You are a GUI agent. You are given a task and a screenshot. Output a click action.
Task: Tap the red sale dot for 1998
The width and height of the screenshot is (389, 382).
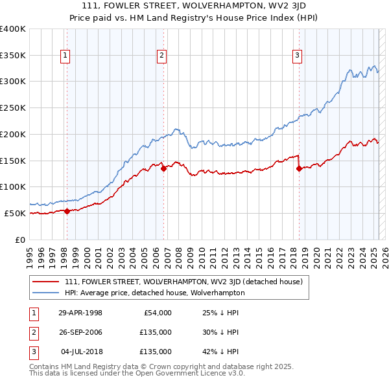[x=67, y=210]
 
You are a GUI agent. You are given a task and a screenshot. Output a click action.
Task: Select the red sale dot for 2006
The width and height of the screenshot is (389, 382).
[x=163, y=168]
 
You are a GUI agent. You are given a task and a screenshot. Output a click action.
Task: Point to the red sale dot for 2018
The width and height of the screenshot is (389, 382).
[x=299, y=168]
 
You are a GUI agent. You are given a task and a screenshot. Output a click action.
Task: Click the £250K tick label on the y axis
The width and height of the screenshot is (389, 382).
[x=12, y=107]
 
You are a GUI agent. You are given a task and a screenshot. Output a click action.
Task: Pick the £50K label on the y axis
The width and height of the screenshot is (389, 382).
[x=15, y=213]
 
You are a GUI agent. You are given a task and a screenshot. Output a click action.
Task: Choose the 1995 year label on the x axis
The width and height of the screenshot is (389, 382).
[x=30, y=251]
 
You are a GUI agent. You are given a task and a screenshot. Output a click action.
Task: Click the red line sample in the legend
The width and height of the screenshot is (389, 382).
[x=46, y=282]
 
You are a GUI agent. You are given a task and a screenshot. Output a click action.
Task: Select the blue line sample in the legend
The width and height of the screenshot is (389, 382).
[x=46, y=293]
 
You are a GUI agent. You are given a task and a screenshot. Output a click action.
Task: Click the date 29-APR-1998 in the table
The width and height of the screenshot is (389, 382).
[x=80, y=313]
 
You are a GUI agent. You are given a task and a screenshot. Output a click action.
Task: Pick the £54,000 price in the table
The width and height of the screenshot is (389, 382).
[x=156, y=313]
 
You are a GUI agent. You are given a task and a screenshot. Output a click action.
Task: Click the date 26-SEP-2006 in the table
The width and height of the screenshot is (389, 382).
[x=80, y=332]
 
